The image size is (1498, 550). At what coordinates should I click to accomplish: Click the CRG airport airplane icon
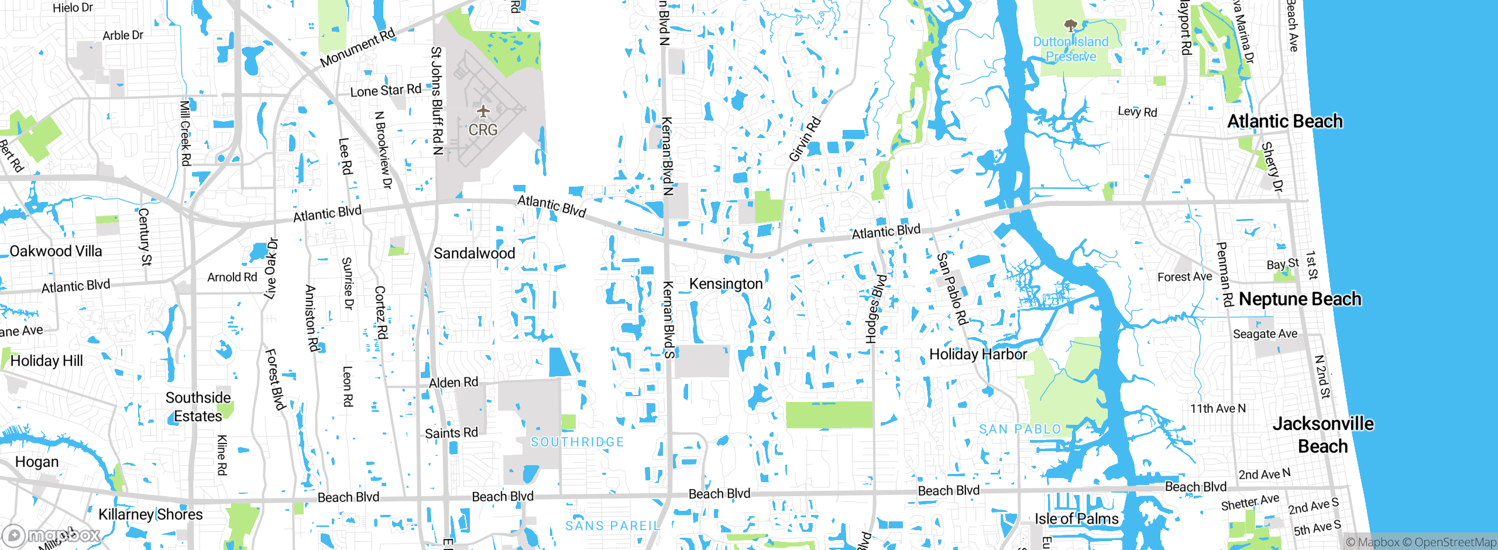click(x=483, y=111)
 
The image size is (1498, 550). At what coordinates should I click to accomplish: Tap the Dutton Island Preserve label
click(x=1071, y=49)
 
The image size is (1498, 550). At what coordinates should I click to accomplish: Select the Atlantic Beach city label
click(x=1284, y=121)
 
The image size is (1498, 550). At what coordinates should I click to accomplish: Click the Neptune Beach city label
click(x=1300, y=299)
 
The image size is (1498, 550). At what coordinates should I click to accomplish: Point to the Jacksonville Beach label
click(x=1323, y=435)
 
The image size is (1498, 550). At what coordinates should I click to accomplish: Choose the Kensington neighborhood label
click(x=726, y=284)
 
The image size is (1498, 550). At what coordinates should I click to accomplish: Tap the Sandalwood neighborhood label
click(x=474, y=253)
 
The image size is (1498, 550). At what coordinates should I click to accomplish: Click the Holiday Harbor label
click(x=978, y=355)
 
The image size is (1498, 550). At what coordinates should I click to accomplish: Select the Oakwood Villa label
click(x=56, y=251)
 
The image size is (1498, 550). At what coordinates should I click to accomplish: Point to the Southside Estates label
click(x=198, y=407)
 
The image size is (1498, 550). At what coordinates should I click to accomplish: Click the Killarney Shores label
click(x=150, y=514)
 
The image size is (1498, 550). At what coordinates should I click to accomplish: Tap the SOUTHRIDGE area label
click(x=577, y=442)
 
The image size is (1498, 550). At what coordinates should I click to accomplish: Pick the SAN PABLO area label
click(x=1020, y=429)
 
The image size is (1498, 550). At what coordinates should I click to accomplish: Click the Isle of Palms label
click(x=1076, y=519)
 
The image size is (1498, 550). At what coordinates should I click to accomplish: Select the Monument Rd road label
click(x=358, y=47)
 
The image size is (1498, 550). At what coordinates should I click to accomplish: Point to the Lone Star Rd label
click(x=386, y=91)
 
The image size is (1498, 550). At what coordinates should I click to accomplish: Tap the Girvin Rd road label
click(x=805, y=139)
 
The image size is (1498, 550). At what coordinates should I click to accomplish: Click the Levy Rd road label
click(x=1137, y=112)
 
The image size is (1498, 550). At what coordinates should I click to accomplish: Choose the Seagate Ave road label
click(x=1265, y=334)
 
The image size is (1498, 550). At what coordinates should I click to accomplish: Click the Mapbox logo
click(x=51, y=535)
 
